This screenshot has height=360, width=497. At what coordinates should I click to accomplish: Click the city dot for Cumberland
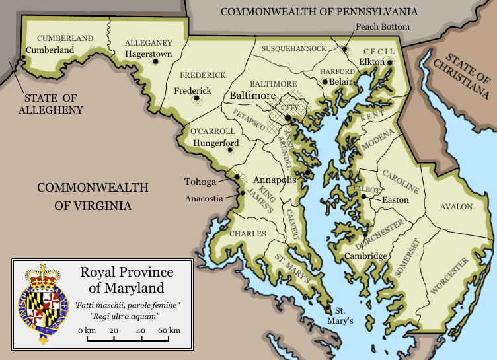click(25, 59)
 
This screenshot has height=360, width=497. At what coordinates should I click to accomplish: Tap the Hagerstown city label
click(148, 54)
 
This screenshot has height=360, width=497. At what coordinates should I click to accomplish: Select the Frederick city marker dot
click(196, 99)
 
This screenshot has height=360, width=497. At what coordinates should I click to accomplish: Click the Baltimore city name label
click(252, 96)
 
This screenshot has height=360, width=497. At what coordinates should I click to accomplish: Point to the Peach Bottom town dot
click(344, 48)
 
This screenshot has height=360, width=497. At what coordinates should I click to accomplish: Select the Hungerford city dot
click(229, 149)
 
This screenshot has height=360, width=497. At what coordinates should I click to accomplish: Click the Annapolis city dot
click(308, 173)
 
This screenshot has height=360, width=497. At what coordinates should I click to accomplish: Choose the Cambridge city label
click(365, 256)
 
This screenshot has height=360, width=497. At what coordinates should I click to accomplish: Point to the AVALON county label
click(457, 207)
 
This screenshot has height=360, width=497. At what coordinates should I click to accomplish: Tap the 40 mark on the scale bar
click(141, 330)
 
